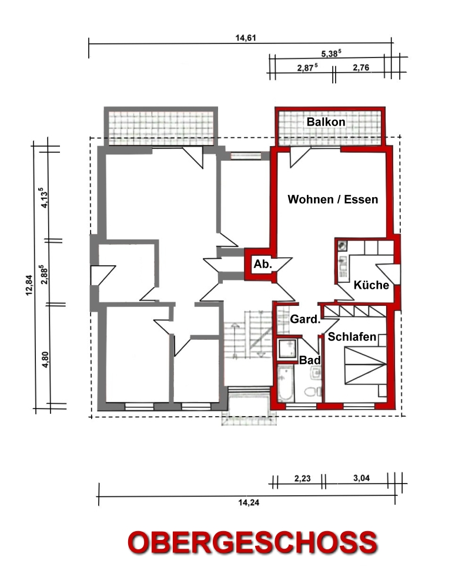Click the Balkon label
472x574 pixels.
[326, 122]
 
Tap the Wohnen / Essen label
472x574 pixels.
[333, 200]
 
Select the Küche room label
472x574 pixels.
[371, 285]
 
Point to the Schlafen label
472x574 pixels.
[352, 337]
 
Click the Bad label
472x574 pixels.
[310, 360]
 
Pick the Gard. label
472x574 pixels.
[305, 319]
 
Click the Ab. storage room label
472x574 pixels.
[263, 264]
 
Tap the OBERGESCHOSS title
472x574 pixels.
[252, 542]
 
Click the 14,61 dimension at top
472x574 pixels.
[245, 38]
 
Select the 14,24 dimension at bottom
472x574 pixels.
[249, 502]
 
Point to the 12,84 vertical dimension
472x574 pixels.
[29, 285]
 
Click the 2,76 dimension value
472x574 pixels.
[361, 67]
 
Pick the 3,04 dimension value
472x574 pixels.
[361, 478]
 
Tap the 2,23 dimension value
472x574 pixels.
[302, 478]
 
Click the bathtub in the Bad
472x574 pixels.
[286, 384]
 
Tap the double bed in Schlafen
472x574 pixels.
[366, 364]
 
